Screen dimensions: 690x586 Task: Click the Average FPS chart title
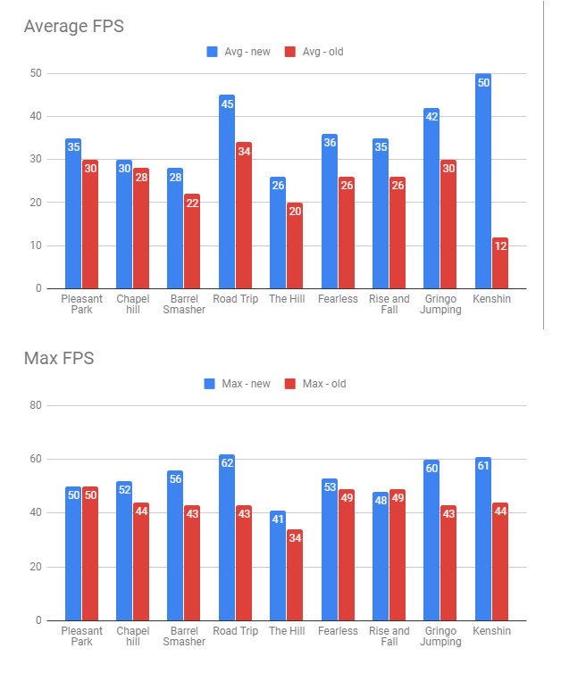[73, 27]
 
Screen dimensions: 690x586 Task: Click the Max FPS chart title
[59, 359]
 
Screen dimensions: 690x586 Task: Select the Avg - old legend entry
[314, 52]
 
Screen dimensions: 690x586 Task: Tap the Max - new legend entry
[238, 384]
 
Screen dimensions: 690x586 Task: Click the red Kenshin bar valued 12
[500, 263]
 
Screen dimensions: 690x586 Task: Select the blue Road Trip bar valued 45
[227, 192]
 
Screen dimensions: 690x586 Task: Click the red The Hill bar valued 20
[295, 245]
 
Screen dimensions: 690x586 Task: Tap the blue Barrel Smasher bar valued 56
[175, 545]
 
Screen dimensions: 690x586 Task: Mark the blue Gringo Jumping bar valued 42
[431, 198]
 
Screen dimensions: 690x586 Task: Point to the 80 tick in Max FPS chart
[37, 405]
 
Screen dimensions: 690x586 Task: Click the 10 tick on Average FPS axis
[37, 245]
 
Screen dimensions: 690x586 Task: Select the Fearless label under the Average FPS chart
[338, 299]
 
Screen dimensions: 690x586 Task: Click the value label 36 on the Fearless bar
[330, 142]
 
